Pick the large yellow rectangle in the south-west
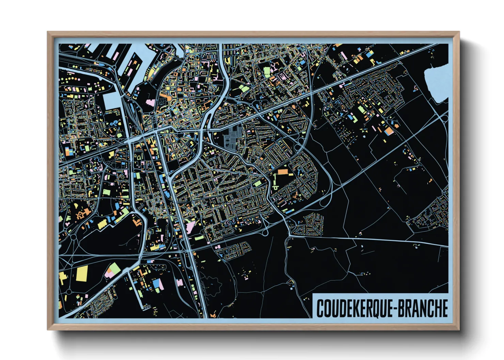(82, 274)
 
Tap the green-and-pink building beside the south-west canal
(112, 271)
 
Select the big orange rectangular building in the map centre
(283, 171)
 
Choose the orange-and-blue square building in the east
(388, 131)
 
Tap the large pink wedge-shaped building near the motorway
(190, 226)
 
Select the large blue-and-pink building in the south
(158, 284)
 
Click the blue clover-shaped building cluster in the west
(113, 122)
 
